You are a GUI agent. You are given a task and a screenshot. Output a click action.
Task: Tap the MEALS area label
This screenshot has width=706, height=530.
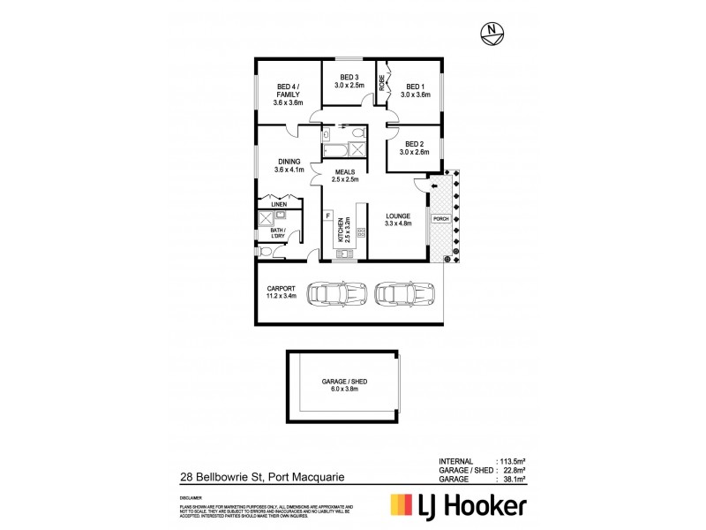[x=345, y=175]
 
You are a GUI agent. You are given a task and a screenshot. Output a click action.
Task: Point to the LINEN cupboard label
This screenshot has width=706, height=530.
[x=279, y=203]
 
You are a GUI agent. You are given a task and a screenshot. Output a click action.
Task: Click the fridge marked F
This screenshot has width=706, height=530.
[x=327, y=216]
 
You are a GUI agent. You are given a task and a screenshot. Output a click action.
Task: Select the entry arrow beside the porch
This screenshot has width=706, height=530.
[x=434, y=186]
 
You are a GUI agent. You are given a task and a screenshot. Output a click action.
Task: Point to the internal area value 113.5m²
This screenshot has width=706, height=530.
[x=510, y=462]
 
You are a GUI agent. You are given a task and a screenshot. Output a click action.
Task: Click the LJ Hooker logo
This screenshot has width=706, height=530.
[x=459, y=504]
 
